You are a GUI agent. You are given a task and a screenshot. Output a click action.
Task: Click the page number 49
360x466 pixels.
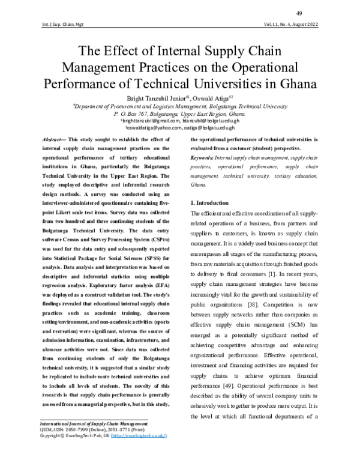[x=315, y=14]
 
